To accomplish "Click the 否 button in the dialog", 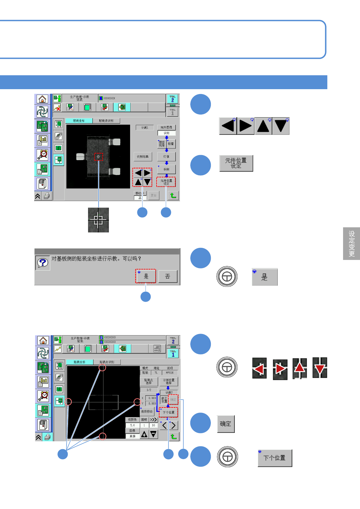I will point(168,276).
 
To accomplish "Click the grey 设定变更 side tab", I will point(352,244).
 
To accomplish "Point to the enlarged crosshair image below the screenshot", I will point(98,220).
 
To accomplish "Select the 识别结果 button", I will point(142,157).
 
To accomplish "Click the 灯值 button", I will point(166,157).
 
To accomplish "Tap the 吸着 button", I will point(171,144).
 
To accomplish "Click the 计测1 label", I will point(145,128).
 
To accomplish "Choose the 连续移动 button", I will point(147,411).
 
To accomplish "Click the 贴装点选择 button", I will point(149,381).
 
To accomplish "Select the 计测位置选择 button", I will point(169,381).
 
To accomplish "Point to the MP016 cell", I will point(170,373).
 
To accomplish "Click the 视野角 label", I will point(132,420).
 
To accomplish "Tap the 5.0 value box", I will point(133,425).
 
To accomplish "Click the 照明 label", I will point(144,420).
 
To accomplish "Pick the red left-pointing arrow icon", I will point(259,368).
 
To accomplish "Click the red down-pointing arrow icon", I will point(320,368).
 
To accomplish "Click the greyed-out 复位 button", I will point(154,196).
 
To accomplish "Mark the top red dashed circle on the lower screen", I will point(103,368).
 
